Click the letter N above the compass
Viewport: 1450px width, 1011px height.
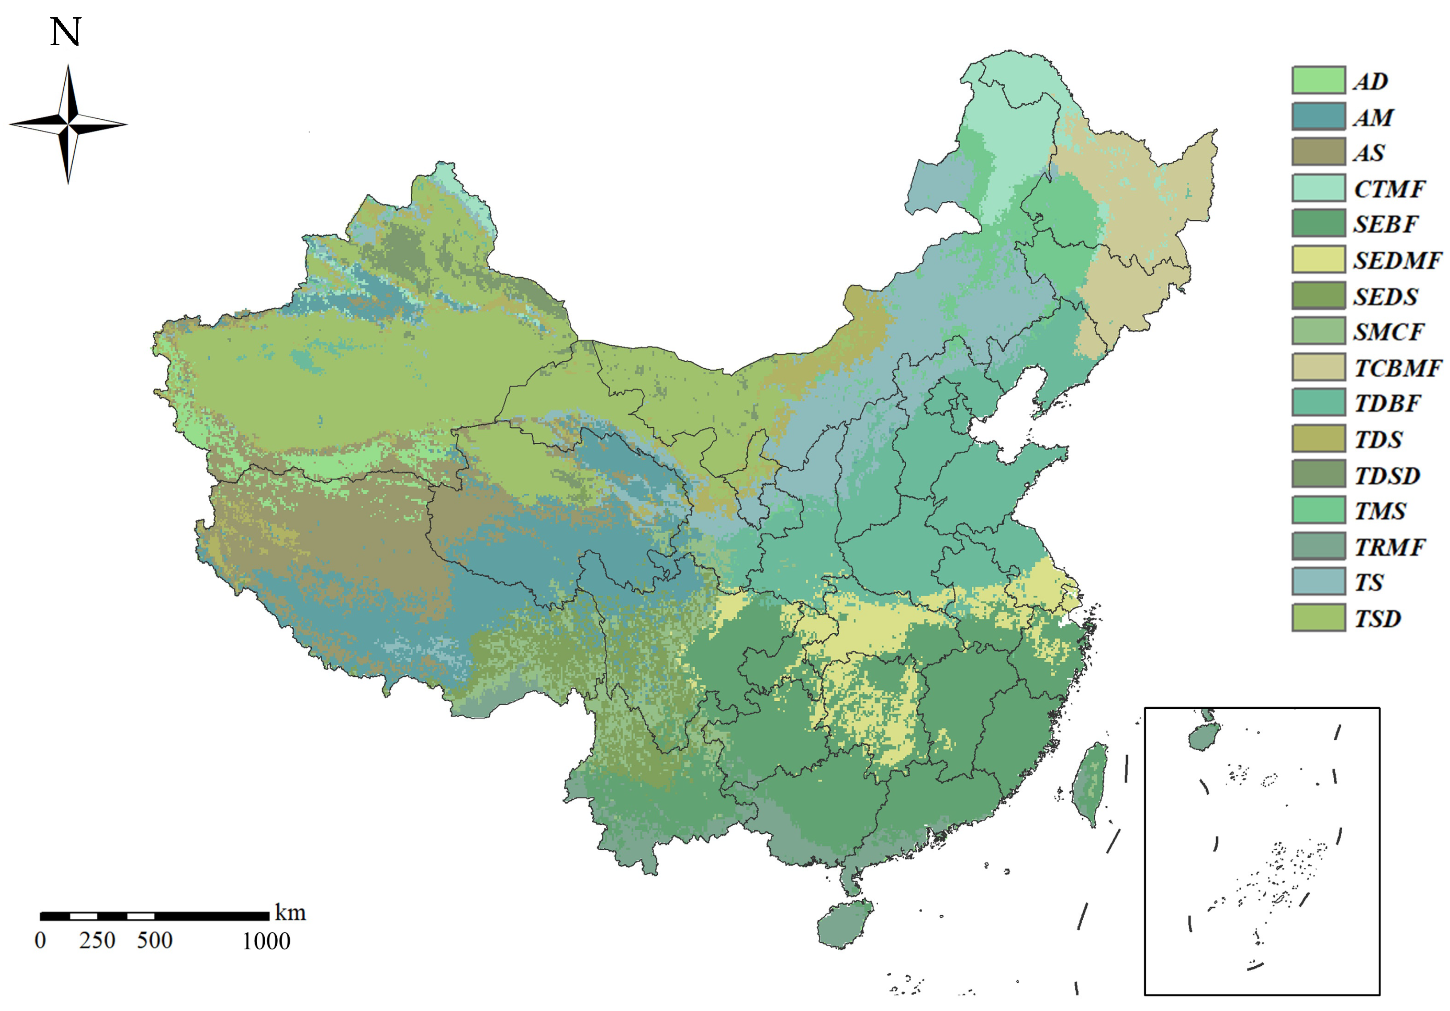click(x=66, y=32)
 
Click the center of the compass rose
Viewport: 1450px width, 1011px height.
click(x=68, y=124)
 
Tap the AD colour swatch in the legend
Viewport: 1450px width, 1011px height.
click(x=1318, y=81)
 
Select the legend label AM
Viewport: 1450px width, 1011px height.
click(x=1373, y=117)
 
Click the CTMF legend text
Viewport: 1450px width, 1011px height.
click(x=1389, y=189)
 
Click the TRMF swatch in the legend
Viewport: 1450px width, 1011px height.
click(x=1318, y=546)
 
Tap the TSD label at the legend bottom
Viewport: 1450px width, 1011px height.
click(x=1377, y=618)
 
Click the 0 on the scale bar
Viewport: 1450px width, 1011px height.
click(x=40, y=941)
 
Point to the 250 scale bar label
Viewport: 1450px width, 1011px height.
click(x=97, y=941)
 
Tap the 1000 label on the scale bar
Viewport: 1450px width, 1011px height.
click(x=266, y=941)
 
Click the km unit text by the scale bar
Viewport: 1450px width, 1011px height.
click(x=290, y=913)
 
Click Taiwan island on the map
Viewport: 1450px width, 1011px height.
click(x=1089, y=783)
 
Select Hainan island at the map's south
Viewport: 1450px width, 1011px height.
click(x=845, y=925)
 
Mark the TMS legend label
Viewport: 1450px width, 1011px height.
click(x=1380, y=511)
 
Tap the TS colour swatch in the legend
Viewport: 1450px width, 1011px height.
click(x=1318, y=581)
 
